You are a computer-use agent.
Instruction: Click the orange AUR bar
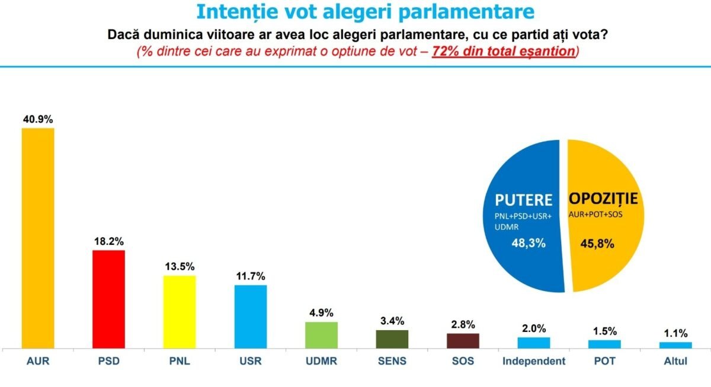click(x=38, y=238)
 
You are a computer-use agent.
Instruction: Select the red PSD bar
click(x=108, y=299)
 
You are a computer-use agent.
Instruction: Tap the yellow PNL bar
click(x=180, y=312)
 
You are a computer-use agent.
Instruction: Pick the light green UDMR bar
click(x=321, y=335)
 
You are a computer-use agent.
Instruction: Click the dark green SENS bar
click(x=392, y=339)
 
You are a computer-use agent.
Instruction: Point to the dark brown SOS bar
click(x=463, y=341)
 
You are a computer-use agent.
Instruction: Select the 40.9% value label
click(x=38, y=119)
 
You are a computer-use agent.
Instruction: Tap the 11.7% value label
click(x=250, y=276)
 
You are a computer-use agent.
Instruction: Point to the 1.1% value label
click(x=675, y=333)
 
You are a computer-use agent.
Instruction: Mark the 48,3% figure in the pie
click(x=521, y=242)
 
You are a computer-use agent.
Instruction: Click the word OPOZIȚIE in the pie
click(x=605, y=199)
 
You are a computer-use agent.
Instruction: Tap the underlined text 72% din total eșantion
click(x=504, y=52)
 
